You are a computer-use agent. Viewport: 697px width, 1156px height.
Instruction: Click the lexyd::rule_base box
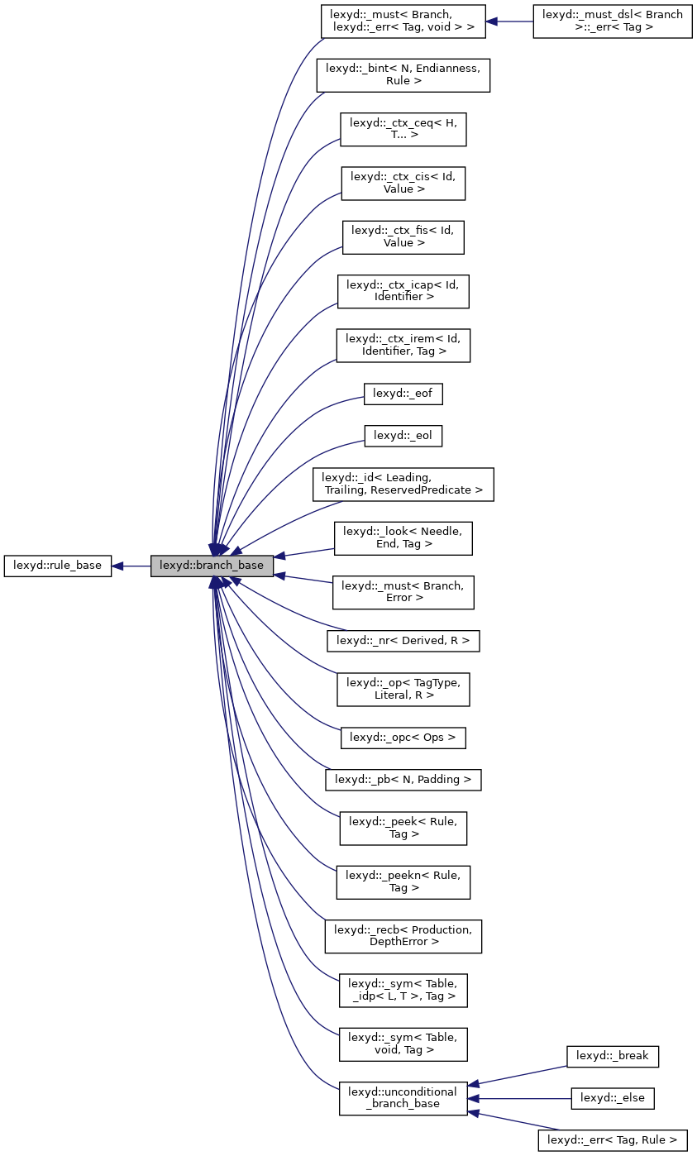[x=57, y=566]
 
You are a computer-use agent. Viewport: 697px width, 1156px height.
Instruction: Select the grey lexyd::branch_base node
[x=212, y=566]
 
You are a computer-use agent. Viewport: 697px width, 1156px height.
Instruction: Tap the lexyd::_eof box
[x=403, y=394]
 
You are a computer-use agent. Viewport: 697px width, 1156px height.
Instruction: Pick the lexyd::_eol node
[x=403, y=435]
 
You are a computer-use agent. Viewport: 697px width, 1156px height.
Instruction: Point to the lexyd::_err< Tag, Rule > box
[x=613, y=1140]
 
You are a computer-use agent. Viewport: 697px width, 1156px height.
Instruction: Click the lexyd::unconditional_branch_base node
[x=403, y=1098]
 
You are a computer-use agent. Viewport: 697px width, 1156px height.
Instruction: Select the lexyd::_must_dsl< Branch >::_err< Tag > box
[x=612, y=21]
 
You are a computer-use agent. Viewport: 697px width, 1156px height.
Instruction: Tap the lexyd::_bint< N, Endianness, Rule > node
[x=403, y=74]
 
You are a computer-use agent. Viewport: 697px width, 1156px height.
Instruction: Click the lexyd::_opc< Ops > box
[x=403, y=737]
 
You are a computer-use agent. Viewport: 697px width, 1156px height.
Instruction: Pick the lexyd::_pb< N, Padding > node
[x=403, y=779]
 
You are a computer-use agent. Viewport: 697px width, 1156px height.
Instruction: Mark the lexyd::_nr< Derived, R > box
[x=403, y=640]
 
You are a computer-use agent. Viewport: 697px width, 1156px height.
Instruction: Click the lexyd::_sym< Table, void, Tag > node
[x=403, y=1044]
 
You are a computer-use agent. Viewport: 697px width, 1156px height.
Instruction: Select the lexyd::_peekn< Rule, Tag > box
[x=403, y=881]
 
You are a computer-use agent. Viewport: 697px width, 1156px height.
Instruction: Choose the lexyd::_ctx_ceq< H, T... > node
[x=403, y=129]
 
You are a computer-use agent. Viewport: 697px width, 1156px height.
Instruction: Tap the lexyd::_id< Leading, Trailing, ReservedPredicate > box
[x=403, y=484]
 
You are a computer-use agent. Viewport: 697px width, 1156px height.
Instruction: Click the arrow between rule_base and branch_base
[x=131, y=566]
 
